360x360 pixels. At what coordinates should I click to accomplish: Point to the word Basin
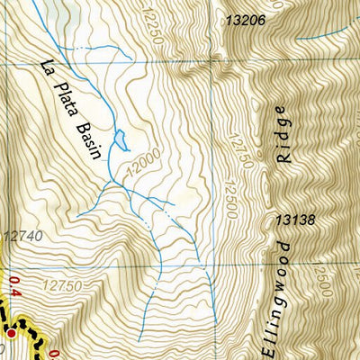[98, 135]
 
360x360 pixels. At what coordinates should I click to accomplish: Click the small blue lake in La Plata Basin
[127, 141]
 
